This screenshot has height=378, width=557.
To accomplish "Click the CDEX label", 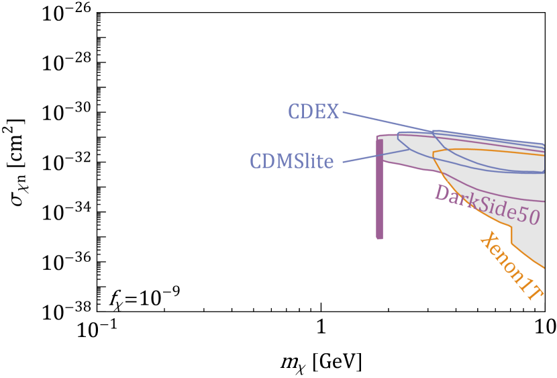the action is (313, 111).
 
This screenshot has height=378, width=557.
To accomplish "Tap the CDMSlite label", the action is (291, 161).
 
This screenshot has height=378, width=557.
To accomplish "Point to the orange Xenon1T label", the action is (511, 265).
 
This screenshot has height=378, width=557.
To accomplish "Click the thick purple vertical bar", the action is (380, 188).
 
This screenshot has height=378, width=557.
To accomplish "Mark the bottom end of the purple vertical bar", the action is (380, 236).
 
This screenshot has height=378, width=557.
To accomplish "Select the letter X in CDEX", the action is (332, 111).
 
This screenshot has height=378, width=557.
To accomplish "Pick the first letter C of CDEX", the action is (294, 111).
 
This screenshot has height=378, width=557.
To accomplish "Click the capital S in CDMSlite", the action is (302, 161).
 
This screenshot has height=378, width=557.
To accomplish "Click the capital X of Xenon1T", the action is (488, 241).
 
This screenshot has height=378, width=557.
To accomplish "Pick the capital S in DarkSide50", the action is (483, 203).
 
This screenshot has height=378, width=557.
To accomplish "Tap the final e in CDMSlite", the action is (329, 162).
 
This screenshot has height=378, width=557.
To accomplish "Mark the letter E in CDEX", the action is (320, 111).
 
